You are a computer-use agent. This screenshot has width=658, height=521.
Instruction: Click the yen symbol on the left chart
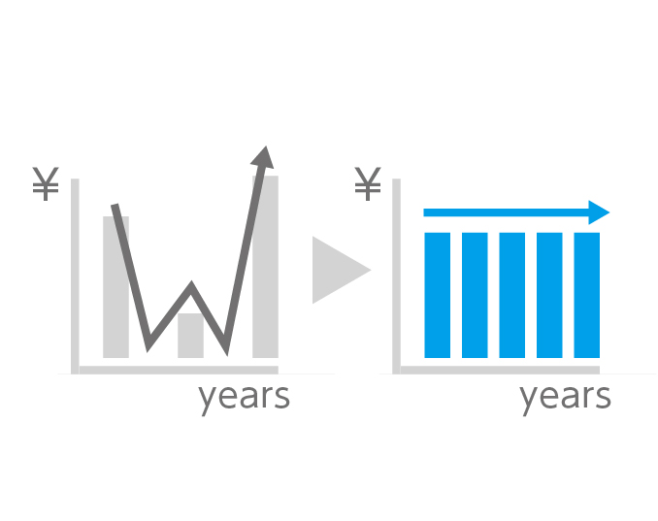point(46,183)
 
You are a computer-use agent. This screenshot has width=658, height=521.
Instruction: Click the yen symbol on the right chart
point(368,183)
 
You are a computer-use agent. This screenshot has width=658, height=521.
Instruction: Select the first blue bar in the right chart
point(438,295)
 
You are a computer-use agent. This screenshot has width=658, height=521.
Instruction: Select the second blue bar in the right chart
point(475,295)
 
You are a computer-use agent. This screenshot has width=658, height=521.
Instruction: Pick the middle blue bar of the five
point(512,295)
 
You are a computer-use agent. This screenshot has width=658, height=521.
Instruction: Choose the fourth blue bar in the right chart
point(549,295)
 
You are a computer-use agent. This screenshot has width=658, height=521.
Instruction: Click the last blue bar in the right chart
point(586,295)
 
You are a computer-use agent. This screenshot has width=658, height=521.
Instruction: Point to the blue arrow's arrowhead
point(598,212)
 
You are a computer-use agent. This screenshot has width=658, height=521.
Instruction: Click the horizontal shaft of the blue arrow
point(506,212)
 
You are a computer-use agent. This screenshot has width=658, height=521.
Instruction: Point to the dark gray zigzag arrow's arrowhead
point(263,158)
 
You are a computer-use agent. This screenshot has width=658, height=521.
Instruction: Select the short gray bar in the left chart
point(190,336)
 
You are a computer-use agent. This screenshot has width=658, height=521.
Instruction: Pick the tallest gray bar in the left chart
point(265,267)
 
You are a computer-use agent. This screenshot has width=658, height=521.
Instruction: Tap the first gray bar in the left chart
point(115,287)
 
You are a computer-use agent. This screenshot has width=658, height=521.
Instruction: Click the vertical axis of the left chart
point(75,276)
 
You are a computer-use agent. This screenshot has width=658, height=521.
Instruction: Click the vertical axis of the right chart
point(396,276)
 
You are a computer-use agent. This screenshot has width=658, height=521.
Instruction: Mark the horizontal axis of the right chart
point(500,370)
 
